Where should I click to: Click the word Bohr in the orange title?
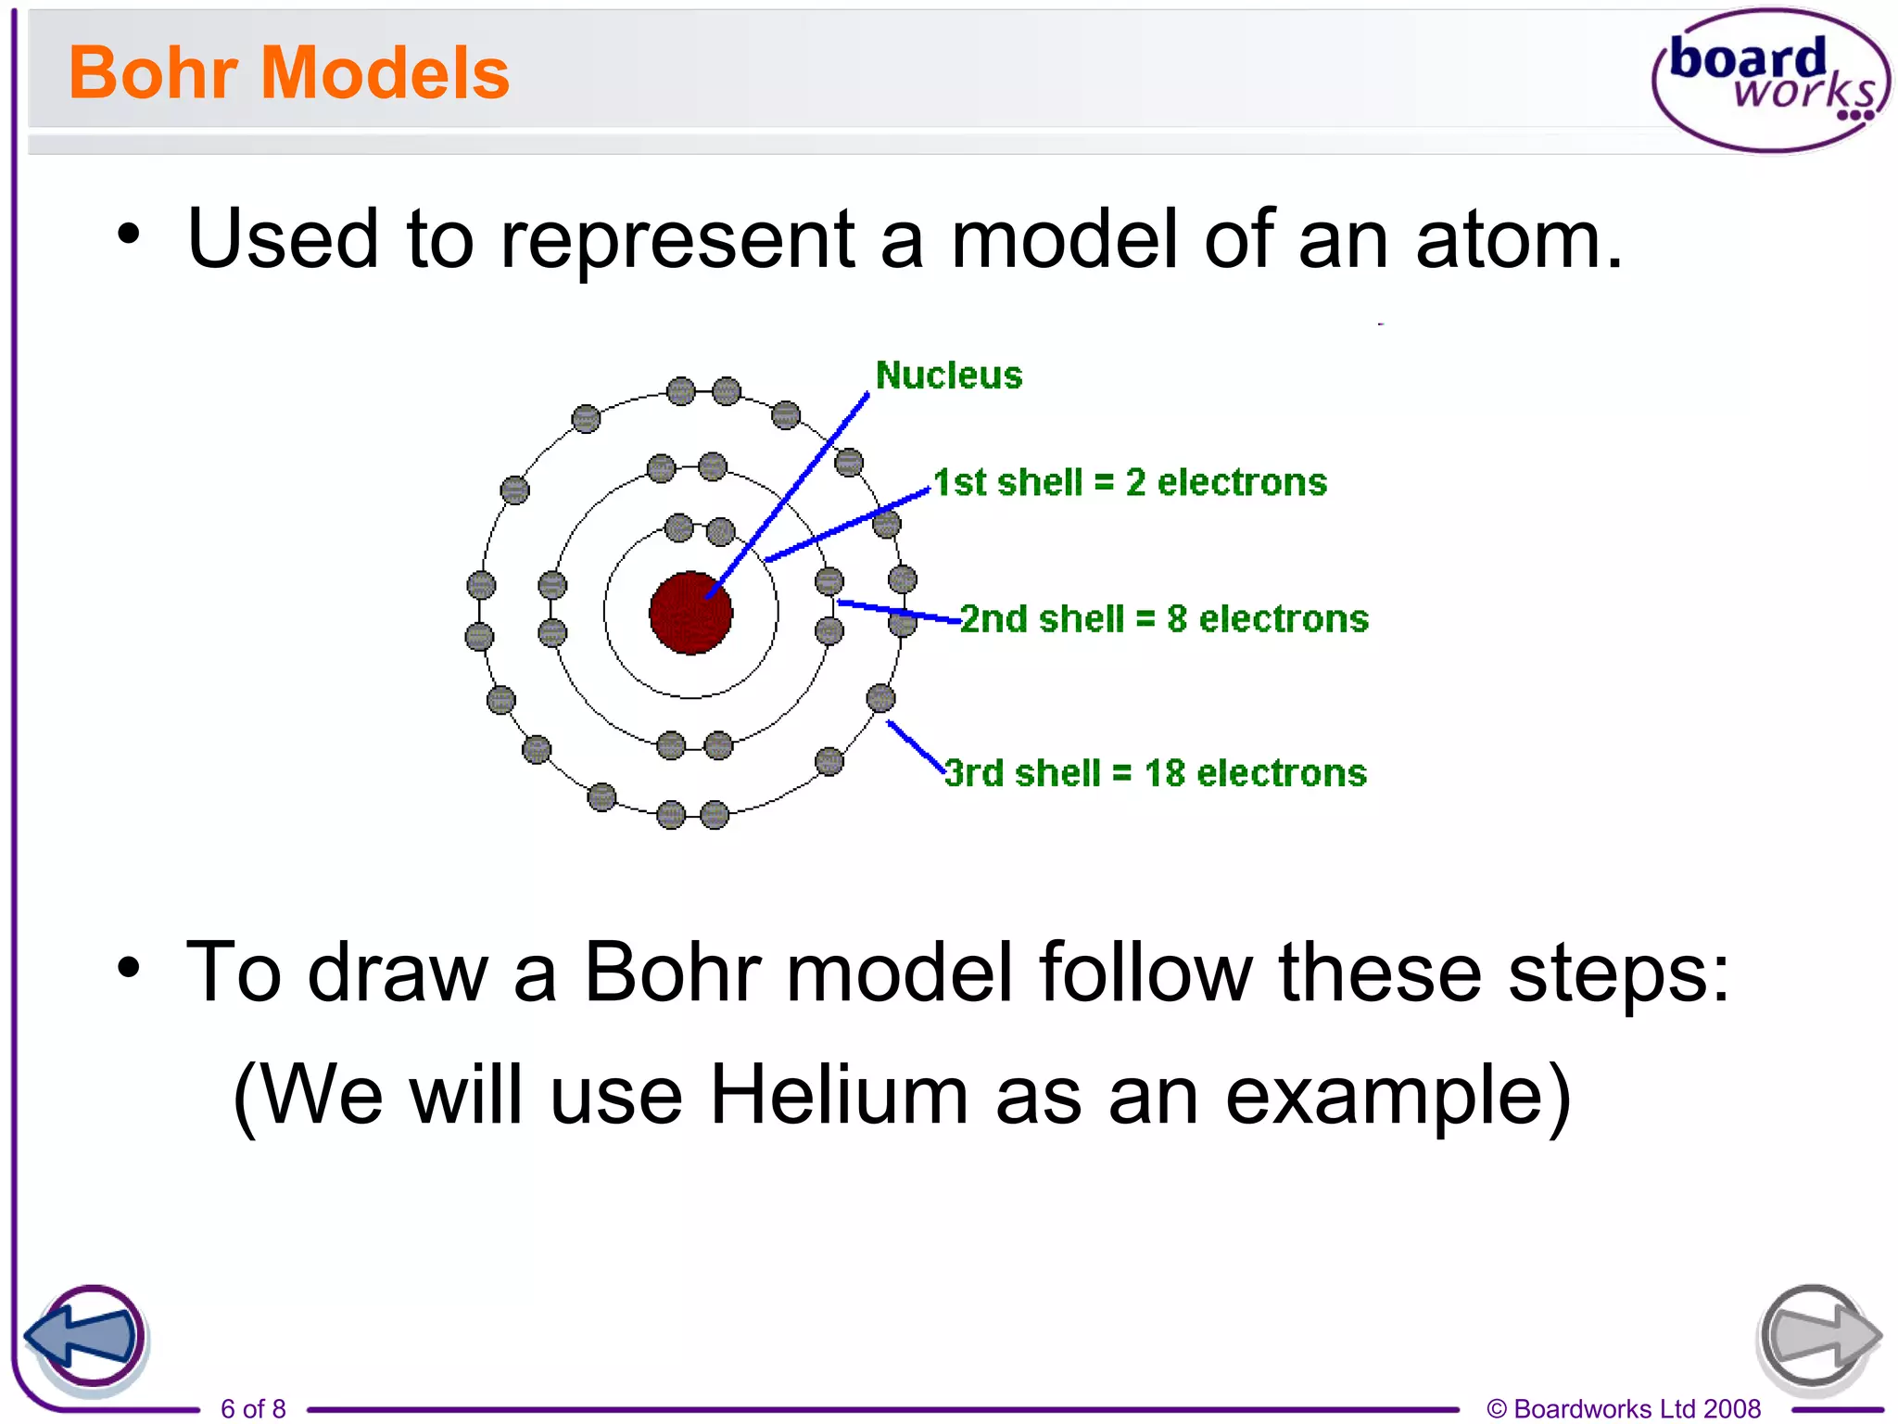click(154, 73)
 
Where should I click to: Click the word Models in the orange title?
click(385, 73)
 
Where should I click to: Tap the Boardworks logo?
click(1770, 80)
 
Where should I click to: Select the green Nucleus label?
click(948, 375)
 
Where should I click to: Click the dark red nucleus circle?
click(690, 613)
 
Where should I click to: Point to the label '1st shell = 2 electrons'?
click(1129, 483)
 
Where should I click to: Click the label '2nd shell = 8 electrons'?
click(1163, 619)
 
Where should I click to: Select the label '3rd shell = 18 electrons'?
click(1155, 773)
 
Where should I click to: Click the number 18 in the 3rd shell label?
click(1164, 773)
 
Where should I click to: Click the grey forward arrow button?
click(1817, 1337)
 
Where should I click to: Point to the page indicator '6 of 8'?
click(253, 1408)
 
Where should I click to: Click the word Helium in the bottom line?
click(839, 1095)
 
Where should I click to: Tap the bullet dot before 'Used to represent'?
click(129, 234)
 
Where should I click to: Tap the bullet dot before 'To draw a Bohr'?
click(129, 968)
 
